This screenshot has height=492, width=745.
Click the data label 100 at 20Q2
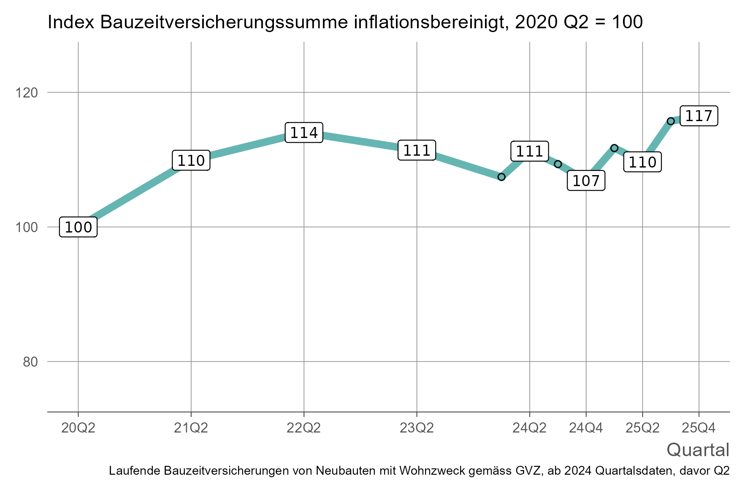pos(79,227)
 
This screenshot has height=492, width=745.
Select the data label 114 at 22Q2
pos(304,133)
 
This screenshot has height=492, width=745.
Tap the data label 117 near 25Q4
pos(699,116)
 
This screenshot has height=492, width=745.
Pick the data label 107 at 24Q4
pos(586,181)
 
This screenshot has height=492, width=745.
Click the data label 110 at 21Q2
pos(191,160)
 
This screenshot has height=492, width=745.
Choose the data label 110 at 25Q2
pos(642,162)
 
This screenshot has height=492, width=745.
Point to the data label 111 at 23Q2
pos(417,151)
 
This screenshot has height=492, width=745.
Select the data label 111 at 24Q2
pos(530,151)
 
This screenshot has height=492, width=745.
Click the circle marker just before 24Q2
pos(501,177)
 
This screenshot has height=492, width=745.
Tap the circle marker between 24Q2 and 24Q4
pos(558,164)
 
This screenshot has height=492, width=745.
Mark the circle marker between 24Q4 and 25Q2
pos(614,148)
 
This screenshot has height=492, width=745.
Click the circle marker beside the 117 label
pos(671,121)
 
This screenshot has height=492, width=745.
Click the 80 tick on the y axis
pos(30,362)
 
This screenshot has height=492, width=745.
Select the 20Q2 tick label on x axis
pos(79,428)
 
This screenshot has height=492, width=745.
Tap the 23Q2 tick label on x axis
pos(417,428)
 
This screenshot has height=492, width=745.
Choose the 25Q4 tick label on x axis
pos(699,428)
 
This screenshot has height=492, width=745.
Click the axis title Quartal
pos(698,450)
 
